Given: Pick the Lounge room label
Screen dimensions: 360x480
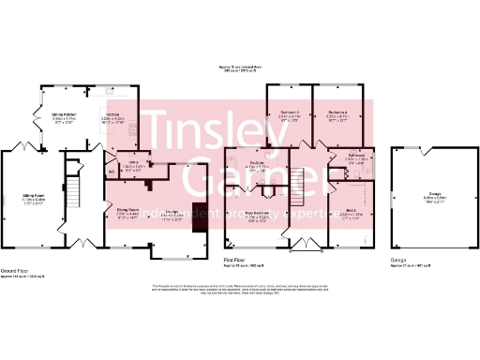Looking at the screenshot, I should [172, 212].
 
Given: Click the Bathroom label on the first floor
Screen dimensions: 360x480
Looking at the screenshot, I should [355, 155].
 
